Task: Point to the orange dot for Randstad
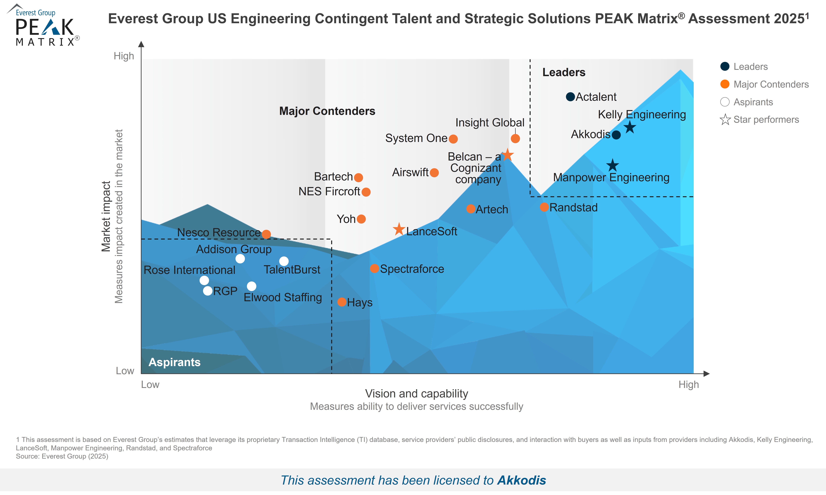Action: (x=544, y=207)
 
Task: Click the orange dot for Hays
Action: (x=341, y=302)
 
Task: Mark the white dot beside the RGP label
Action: (x=208, y=291)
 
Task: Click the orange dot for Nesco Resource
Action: (x=266, y=234)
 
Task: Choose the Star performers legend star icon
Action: (x=725, y=119)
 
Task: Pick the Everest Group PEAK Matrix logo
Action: (x=43, y=26)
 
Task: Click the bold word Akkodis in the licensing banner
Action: (x=521, y=480)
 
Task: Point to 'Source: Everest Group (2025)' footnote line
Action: (x=62, y=456)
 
